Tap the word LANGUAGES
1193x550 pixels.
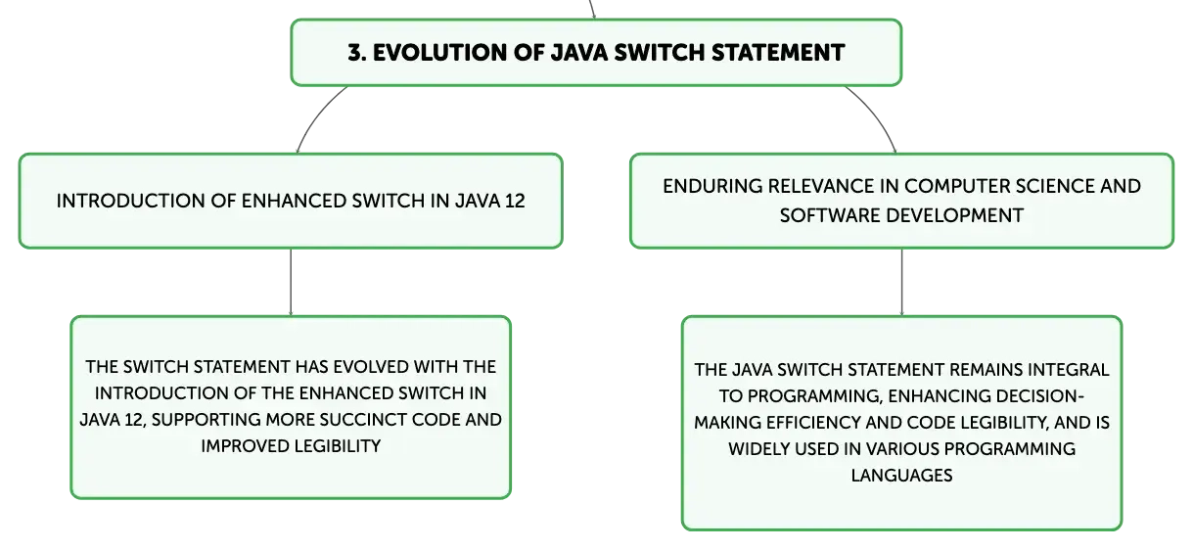pyautogui.click(x=901, y=476)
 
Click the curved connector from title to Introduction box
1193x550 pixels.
pyautogui.click(x=317, y=115)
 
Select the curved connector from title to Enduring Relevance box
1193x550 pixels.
pyautogui.click(x=876, y=115)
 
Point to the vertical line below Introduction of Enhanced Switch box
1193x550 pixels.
pyautogui.click(x=291, y=282)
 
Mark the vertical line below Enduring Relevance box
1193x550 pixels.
pyautogui.click(x=901, y=282)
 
